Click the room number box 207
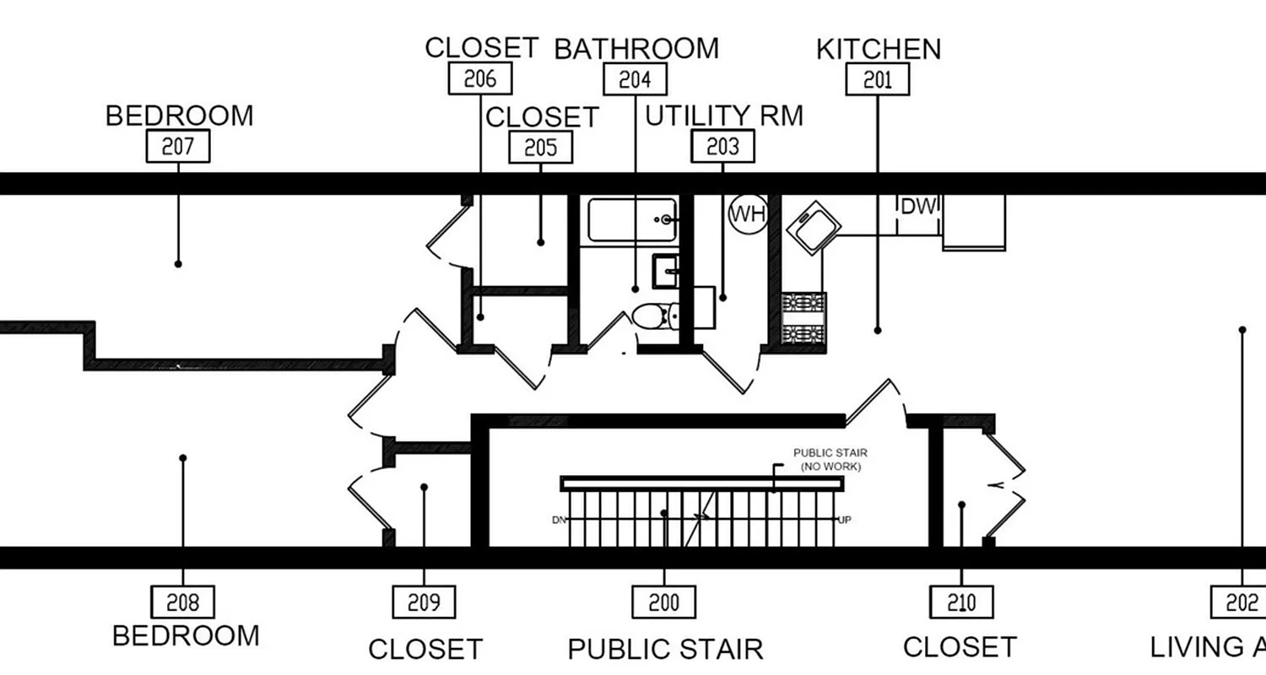pos(178,147)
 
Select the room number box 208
pos(182,602)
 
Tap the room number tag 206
pos(479,78)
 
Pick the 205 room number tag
pos(540,148)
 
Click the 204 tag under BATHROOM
pos(635,79)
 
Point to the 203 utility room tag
pos(722,147)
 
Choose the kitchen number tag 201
pos(878,79)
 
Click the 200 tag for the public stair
pos(663,602)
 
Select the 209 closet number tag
pos(424,602)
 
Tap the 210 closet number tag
pos(961,602)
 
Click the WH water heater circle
pos(747,213)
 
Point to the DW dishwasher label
pos(918,207)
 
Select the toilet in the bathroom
pos(652,316)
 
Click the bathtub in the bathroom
pos(632,219)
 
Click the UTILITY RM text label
pos(724,116)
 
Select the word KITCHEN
pos(878,49)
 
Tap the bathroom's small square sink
pos(667,270)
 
